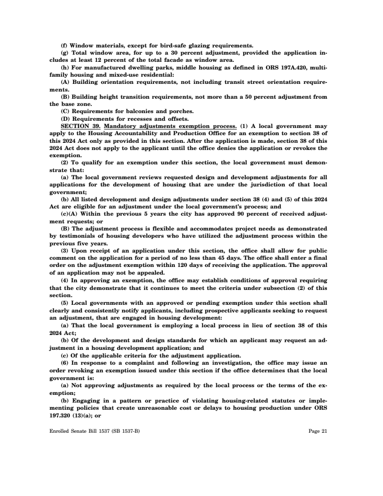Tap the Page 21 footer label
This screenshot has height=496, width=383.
[318, 431]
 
